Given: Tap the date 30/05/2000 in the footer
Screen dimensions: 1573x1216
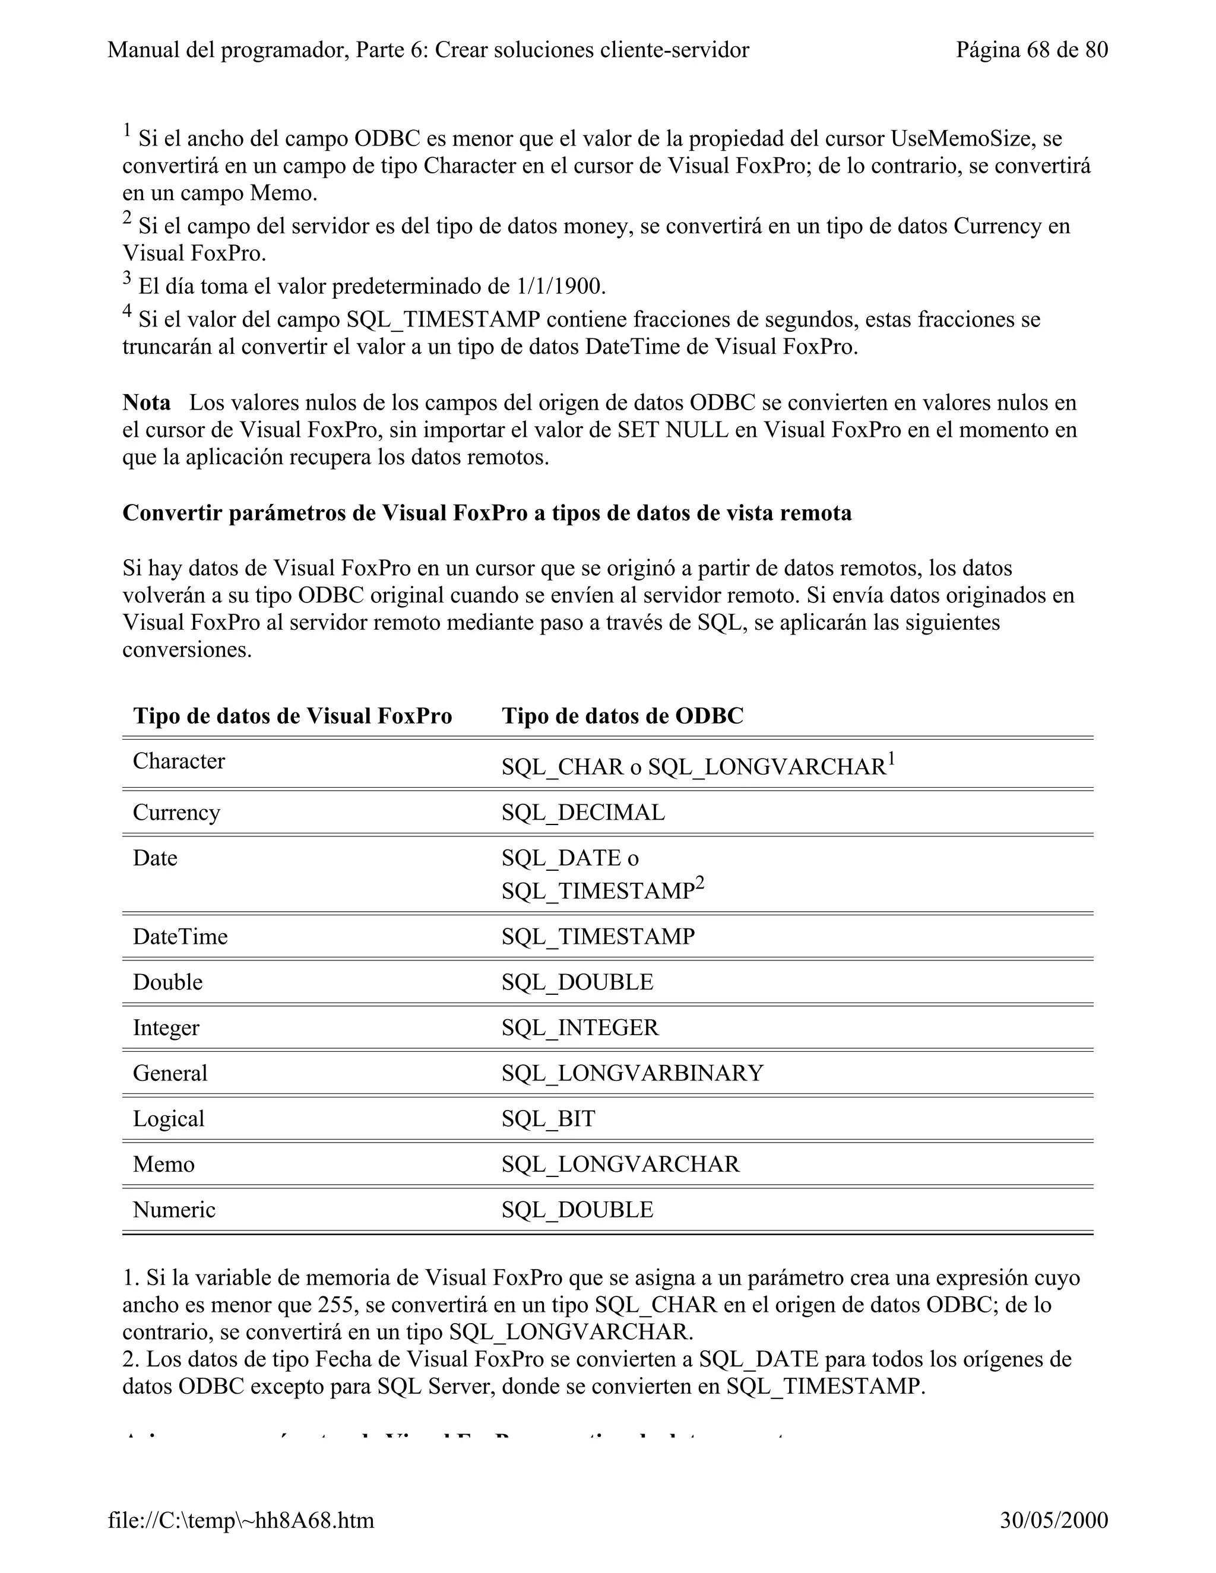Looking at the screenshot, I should tap(1053, 1520).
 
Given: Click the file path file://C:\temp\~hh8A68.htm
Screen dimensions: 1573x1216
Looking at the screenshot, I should tap(240, 1520).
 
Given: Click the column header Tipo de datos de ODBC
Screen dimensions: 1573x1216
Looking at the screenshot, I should tap(622, 716).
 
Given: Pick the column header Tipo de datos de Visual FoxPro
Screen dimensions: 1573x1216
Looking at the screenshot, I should tap(293, 716).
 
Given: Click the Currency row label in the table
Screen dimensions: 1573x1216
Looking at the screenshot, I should tap(176, 813).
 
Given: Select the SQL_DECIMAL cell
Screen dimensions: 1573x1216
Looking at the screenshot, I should tap(584, 813).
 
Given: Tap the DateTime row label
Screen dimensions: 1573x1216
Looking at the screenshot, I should tap(180, 936).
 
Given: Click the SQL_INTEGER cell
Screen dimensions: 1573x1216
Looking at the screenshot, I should tap(580, 1027).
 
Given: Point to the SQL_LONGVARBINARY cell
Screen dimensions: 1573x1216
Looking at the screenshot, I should tap(632, 1073).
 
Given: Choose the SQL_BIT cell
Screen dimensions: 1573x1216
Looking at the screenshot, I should tap(548, 1118).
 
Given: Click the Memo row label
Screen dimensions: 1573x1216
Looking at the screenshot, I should tap(163, 1164).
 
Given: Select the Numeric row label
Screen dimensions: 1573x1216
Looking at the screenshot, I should tap(173, 1209).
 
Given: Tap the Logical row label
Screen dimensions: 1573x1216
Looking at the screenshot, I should tap(169, 1118).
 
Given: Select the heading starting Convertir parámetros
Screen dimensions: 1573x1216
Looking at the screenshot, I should tap(487, 513).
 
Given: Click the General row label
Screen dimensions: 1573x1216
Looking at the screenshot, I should tap(170, 1073).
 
